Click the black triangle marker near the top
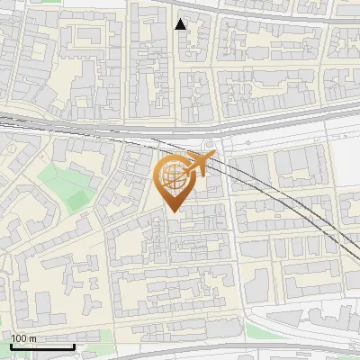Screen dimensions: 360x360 181,24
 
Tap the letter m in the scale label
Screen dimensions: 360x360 33,338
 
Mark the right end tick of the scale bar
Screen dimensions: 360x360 73,346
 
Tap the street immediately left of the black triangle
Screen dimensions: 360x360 172,36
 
